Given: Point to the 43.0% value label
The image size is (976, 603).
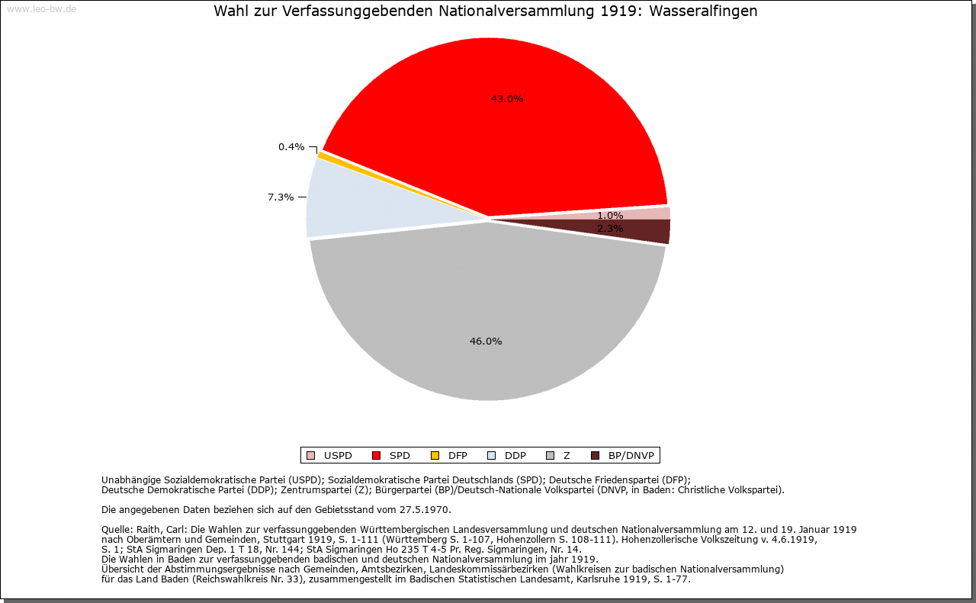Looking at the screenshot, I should pos(507,98).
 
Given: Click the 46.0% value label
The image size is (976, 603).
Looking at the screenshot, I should pos(486,341).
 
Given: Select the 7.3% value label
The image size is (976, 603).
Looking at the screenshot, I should pos(281,197).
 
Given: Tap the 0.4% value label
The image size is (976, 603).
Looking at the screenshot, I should pos(291,146).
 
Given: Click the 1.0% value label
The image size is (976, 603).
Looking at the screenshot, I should pos(610,215).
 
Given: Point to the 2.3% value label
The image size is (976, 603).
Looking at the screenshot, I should pos(610,228).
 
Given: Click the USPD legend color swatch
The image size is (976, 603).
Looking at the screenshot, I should pos(310,456).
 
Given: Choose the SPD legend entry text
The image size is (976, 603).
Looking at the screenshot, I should pos(400,456).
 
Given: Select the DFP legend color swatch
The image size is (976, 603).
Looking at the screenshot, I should pos(435,456).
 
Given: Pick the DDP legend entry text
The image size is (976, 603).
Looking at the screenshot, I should pos(515,456).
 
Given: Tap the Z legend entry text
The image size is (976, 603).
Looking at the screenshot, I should pos(567,456).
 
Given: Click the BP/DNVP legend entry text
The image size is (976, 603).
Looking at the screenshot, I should pos(631,456).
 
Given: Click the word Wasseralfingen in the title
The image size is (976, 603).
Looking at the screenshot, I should pos(703,11).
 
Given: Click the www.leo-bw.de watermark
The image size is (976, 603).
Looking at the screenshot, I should pos(40,8).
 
